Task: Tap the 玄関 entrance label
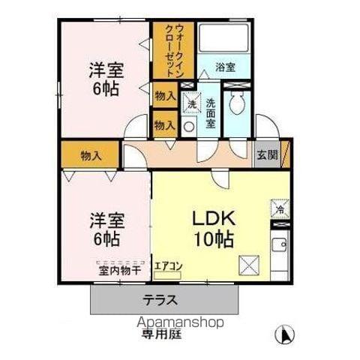click(x=267, y=155)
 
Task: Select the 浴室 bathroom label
click(x=224, y=67)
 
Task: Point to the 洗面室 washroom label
click(x=211, y=112)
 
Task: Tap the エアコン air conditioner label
click(x=168, y=265)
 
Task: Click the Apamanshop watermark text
click(x=180, y=322)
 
